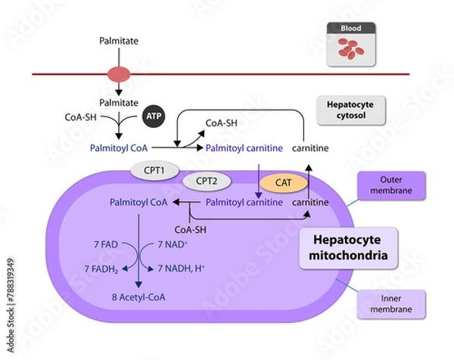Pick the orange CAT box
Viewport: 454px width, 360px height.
tap(278, 182)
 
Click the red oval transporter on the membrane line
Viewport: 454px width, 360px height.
tap(120, 74)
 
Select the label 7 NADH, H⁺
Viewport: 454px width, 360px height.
tap(181, 269)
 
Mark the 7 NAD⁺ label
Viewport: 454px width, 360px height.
tap(172, 244)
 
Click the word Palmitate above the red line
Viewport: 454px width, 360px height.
tap(120, 37)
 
